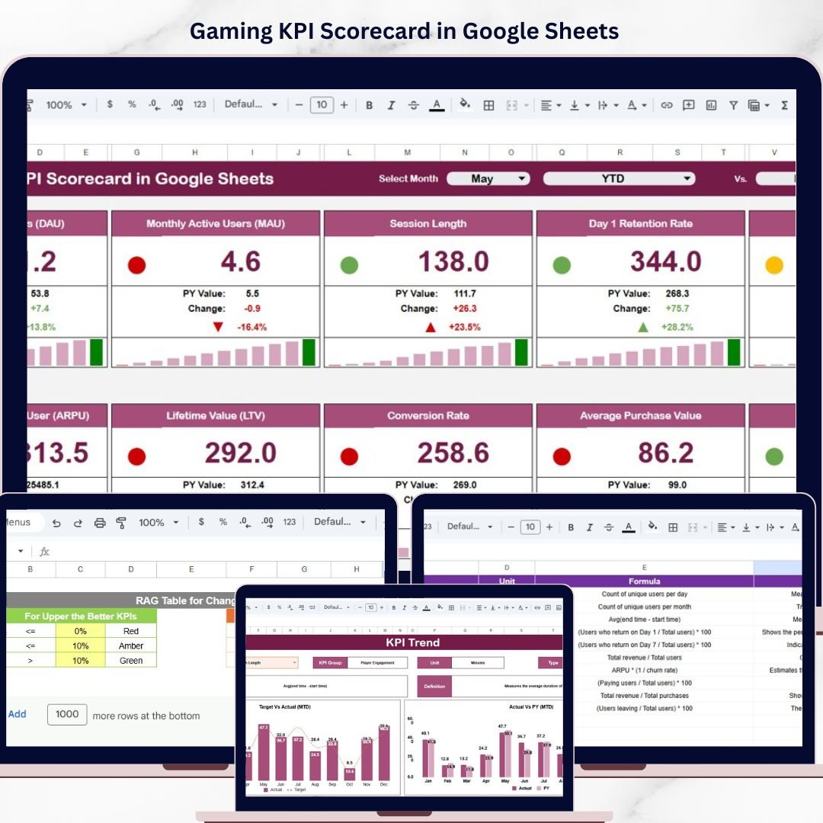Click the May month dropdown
pyautogui.click(x=488, y=178)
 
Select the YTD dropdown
pyautogui.click(x=618, y=178)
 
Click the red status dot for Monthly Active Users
pyautogui.click(x=137, y=265)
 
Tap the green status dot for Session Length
pyautogui.click(x=349, y=265)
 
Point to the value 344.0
pyautogui.click(x=665, y=262)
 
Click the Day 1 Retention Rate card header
pyautogui.click(x=640, y=223)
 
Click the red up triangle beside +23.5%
pyautogui.click(x=431, y=327)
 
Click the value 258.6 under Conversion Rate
pyautogui.click(x=453, y=453)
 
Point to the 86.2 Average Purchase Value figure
pyautogui.click(x=665, y=453)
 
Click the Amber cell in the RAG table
pyautogui.click(x=131, y=645)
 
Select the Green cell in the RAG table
pyautogui.click(x=131, y=660)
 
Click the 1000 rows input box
pyautogui.click(x=67, y=714)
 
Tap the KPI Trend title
pyautogui.click(x=412, y=642)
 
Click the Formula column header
pyautogui.click(x=644, y=581)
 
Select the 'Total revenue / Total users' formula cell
pyautogui.click(x=644, y=657)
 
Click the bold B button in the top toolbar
pyautogui.click(x=369, y=105)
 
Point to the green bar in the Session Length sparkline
pyautogui.click(x=521, y=352)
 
